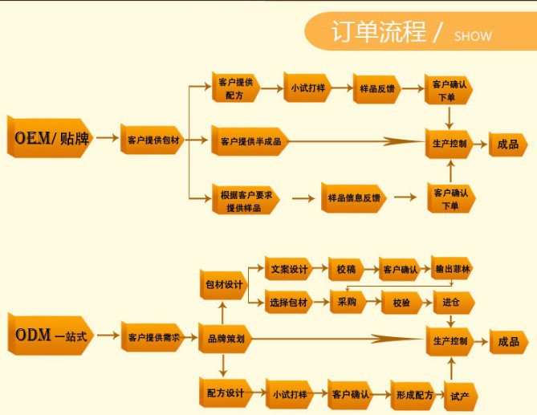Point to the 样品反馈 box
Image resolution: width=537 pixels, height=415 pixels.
click(x=377, y=89)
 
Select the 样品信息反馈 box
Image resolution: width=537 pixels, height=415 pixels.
click(x=354, y=197)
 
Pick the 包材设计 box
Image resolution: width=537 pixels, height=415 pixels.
click(x=223, y=284)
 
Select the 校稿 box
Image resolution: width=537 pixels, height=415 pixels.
click(x=348, y=268)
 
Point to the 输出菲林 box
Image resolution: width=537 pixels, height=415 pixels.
click(x=452, y=268)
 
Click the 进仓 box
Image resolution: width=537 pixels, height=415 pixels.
click(x=451, y=303)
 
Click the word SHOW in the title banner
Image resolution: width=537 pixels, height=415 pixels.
click(x=473, y=36)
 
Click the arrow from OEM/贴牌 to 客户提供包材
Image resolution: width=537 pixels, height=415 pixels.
click(x=106, y=140)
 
